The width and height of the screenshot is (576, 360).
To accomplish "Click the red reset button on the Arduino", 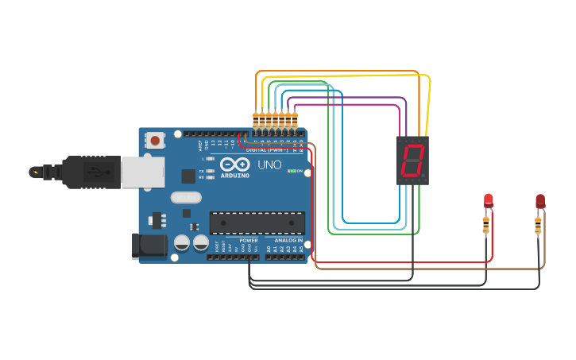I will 156,141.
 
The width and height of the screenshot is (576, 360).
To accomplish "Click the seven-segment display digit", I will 412,161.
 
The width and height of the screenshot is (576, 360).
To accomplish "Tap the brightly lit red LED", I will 489,200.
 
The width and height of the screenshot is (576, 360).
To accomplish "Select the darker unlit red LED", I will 540,200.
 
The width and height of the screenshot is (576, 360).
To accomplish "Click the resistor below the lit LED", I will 486,226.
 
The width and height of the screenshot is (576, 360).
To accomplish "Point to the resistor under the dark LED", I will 539,226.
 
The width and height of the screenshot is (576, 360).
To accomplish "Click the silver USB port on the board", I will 143,171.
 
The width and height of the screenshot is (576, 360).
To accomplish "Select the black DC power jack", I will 149,246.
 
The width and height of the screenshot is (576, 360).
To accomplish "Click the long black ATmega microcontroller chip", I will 257,223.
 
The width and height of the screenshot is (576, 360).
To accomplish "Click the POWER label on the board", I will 249,240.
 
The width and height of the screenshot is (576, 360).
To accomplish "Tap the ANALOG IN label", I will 288,240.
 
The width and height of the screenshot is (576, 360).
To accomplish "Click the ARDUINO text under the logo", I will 235,175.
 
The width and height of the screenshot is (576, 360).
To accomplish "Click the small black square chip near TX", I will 188,176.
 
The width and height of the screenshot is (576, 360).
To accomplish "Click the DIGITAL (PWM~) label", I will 267,149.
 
